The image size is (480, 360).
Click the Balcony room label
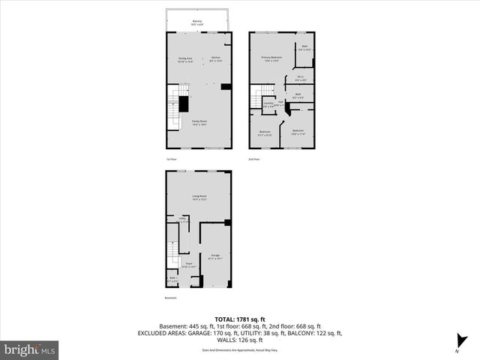pos(196,23)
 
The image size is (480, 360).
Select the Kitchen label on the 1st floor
pos(215,59)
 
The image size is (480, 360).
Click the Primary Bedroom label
pos(271,59)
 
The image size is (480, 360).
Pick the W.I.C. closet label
pos(299,77)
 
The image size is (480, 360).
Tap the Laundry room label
pos(268,105)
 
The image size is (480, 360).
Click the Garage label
pos(214,257)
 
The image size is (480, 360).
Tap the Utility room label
pos(182,220)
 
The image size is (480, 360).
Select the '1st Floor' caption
pos(172,159)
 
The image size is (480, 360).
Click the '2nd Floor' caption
pos(255,159)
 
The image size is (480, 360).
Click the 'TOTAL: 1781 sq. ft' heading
pos(240,317)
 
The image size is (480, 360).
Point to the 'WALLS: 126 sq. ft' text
pos(240,340)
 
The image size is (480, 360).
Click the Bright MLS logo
pos(30,349)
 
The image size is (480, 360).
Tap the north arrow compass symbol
pos(456,347)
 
